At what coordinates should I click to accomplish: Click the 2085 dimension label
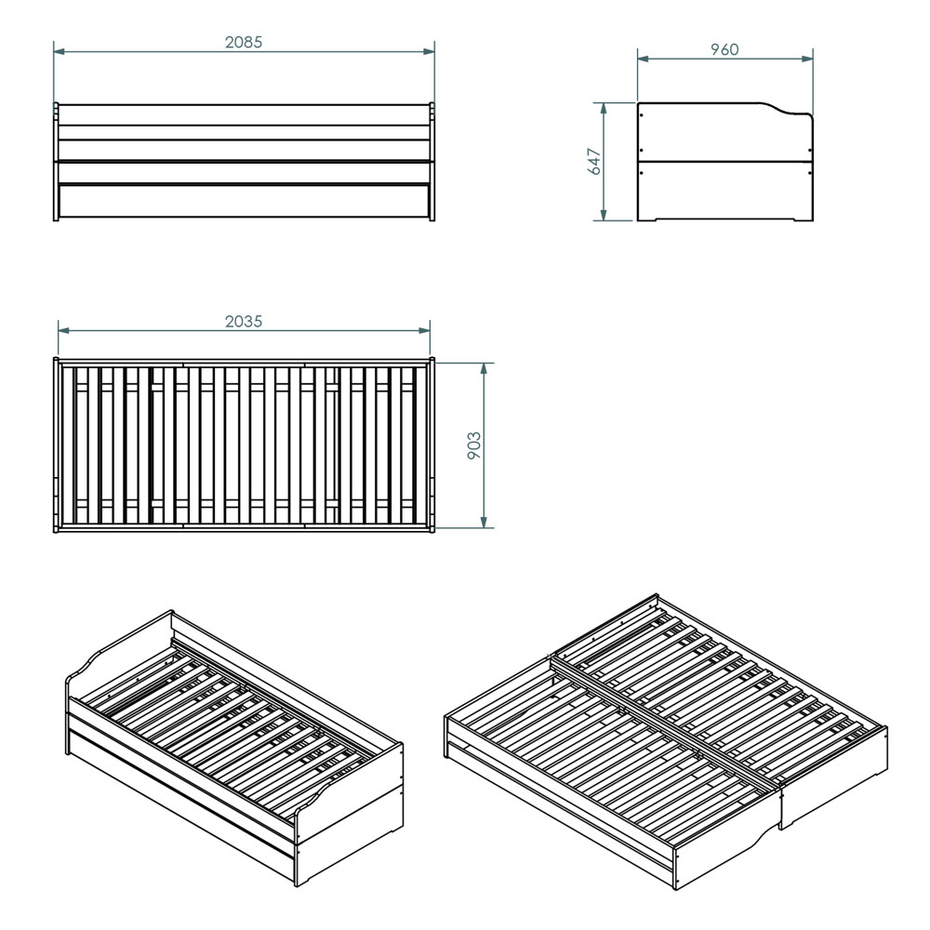click(243, 42)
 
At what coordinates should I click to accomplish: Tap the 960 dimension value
click(724, 49)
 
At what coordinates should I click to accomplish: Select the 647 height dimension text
click(594, 161)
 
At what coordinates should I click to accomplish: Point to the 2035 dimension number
click(243, 321)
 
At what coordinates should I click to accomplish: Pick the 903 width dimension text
click(474, 445)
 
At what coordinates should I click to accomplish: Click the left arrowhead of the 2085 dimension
click(60, 51)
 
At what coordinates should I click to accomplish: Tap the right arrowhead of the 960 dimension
click(806, 59)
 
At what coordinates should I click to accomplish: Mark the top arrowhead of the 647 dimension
click(604, 109)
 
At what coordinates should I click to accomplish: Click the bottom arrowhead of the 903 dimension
click(484, 522)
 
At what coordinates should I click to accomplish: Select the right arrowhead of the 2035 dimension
click(424, 330)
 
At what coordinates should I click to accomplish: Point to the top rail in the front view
click(243, 115)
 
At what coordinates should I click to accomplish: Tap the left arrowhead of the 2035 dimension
click(64, 330)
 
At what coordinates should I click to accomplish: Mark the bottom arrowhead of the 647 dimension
click(604, 215)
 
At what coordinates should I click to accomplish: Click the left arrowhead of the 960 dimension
click(644, 59)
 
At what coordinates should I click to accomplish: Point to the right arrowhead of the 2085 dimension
click(428, 51)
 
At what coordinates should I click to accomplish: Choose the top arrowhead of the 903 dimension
click(484, 368)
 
